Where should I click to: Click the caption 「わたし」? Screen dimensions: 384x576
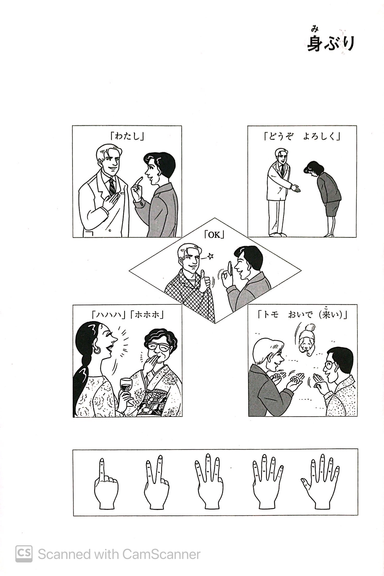tap(127, 136)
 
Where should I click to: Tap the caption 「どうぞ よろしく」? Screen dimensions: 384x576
tap(302, 136)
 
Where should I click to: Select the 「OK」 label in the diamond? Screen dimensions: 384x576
tap(214, 235)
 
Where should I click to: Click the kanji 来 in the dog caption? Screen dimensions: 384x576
tap(326, 315)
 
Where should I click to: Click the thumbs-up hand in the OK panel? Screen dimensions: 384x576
tap(205, 281)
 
